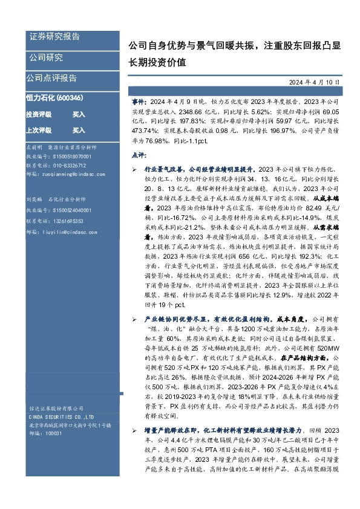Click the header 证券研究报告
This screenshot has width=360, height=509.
[x=54, y=37]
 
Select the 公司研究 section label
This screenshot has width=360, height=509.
[x=46, y=58]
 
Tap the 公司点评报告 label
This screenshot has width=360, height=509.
[x=51, y=78]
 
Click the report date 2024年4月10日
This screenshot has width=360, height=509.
[x=318, y=82]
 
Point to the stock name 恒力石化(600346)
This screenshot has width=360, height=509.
[x=54, y=98]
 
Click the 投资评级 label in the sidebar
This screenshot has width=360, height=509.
[x=39, y=114]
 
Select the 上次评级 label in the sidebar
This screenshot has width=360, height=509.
[x=39, y=130]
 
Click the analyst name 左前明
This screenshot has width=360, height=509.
[x=34, y=148]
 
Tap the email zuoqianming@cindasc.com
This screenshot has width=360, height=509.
[x=67, y=173]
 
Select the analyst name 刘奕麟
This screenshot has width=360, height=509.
[x=34, y=198]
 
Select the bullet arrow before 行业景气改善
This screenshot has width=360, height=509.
[x=134, y=170]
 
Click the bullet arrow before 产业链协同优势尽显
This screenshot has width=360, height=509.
[x=134, y=319]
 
